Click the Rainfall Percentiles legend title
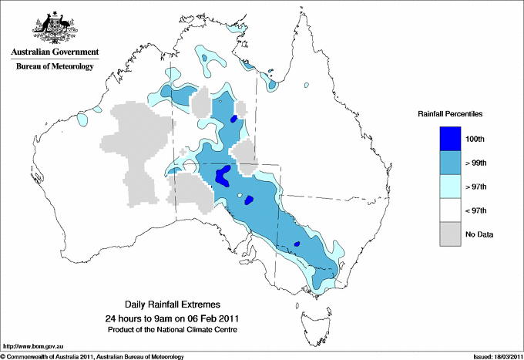tap(450, 113)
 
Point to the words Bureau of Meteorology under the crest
tap(55, 66)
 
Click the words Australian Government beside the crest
tap(53, 52)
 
